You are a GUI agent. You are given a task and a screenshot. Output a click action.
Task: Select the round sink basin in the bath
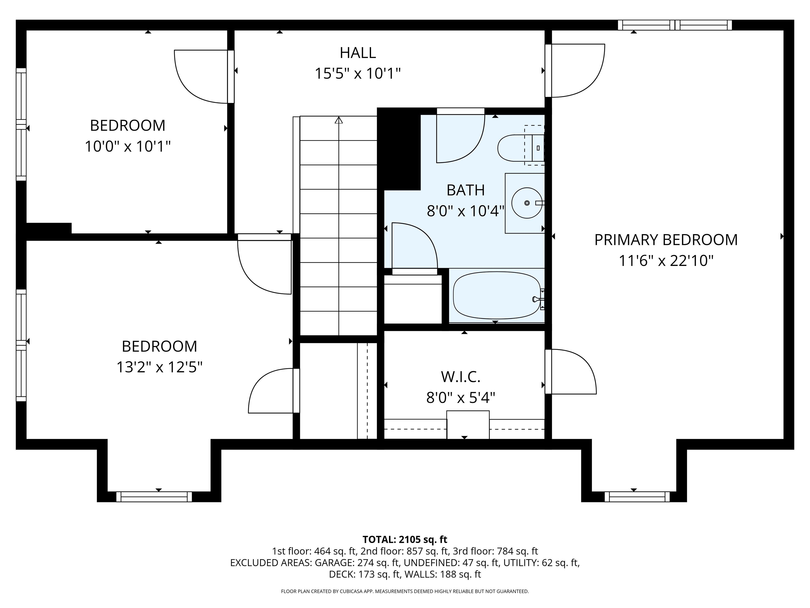coord(526,203)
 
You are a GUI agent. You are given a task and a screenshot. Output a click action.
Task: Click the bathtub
coord(496,295)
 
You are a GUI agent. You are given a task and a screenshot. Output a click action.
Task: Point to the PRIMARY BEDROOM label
coord(666,240)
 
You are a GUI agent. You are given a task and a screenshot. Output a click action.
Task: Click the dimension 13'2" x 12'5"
coord(159,367)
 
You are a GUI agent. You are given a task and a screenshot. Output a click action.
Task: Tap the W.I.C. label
coord(460,376)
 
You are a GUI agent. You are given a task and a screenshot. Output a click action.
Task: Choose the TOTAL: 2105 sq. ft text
coord(405,539)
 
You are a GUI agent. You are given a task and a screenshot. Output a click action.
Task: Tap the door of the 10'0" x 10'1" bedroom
coord(201,77)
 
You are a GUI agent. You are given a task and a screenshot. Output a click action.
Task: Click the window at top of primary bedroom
coord(674,25)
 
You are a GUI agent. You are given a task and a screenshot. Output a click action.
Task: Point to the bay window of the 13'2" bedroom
coord(154,497)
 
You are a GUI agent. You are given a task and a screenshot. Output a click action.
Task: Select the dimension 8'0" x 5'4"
coord(460,397)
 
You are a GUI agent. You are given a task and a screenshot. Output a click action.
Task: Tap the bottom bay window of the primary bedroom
coord(637,497)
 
